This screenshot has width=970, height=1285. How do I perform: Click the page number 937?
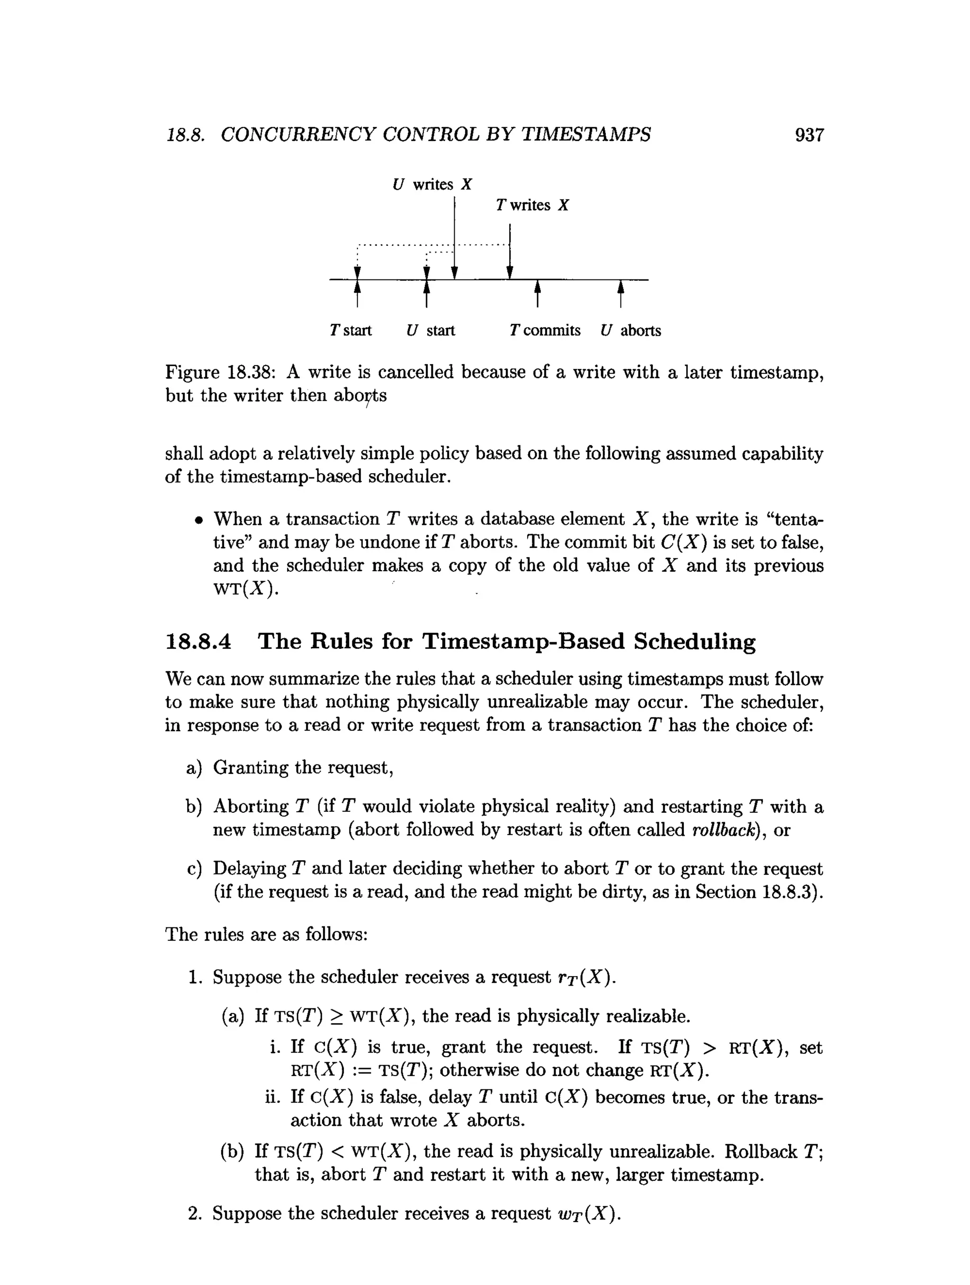pos(808,135)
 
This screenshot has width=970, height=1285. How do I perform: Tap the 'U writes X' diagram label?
pos(432,185)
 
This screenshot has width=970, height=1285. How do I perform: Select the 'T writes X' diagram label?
pos(532,205)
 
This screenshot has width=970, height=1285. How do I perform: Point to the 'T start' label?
pos(350,331)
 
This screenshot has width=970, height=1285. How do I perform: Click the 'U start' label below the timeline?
pos(431,331)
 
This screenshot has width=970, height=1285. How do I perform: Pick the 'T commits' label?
pos(544,331)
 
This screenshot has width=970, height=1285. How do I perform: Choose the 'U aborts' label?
pos(631,331)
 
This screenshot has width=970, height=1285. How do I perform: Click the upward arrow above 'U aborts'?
pos(620,293)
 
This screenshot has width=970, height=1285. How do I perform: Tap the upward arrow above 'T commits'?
pos(537,293)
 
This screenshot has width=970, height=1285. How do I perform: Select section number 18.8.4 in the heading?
pos(198,642)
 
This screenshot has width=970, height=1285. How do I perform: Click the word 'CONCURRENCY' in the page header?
pos(298,135)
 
